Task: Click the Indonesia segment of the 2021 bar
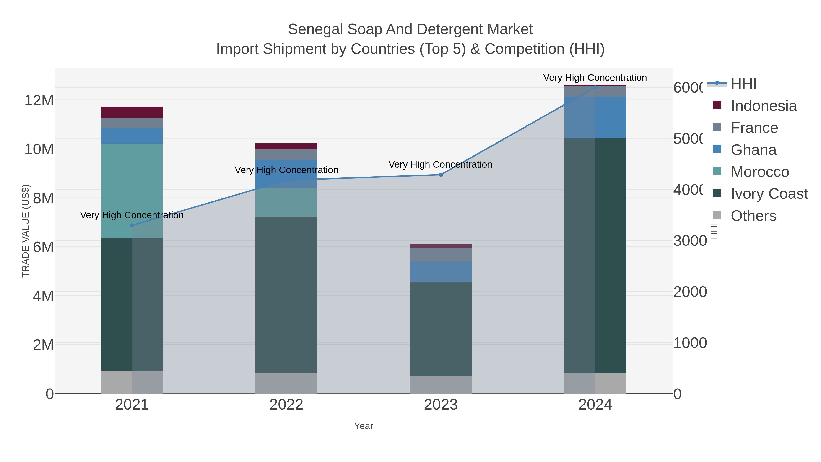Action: click(132, 112)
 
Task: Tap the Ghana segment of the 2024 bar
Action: click(595, 117)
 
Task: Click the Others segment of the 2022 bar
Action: click(286, 383)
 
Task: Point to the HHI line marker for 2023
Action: click(441, 175)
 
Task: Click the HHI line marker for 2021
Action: click(132, 225)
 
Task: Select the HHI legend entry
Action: click(743, 84)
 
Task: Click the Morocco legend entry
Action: click(760, 172)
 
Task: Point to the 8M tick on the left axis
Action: click(43, 198)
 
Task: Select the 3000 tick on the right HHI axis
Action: click(690, 241)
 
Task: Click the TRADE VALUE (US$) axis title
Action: click(26, 231)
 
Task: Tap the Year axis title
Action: click(363, 426)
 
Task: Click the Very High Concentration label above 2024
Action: click(595, 78)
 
